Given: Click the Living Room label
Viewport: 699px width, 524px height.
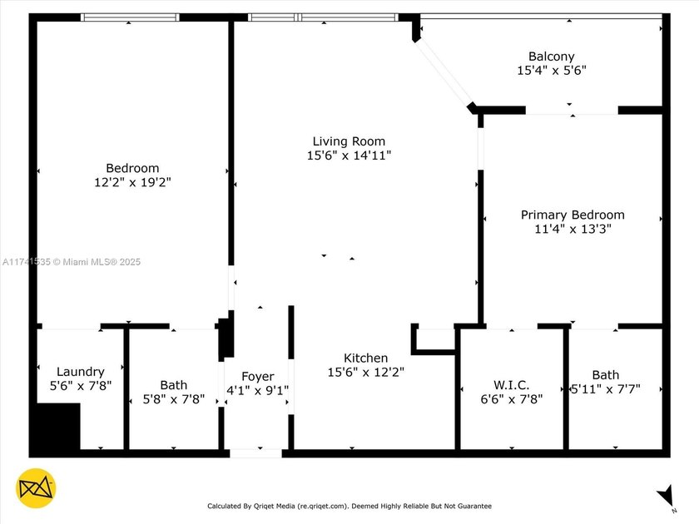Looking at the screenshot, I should [349, 141].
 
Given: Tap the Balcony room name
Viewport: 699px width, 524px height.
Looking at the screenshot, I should [552, 57].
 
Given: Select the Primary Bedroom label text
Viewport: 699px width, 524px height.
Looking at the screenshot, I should [573, 215].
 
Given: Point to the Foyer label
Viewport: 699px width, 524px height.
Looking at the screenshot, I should [257, 377].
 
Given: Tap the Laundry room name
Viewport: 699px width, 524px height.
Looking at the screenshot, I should [80, 372].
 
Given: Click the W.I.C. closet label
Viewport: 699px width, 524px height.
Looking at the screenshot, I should [511, 385].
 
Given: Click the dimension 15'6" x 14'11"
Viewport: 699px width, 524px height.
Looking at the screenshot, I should [349, 155].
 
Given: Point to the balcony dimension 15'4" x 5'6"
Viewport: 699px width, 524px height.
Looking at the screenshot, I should [552, 71].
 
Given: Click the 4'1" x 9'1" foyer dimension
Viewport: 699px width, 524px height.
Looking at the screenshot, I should [257, 390].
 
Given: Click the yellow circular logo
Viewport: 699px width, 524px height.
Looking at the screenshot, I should [36, 489].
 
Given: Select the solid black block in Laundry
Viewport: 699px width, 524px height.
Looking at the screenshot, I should [55, 427].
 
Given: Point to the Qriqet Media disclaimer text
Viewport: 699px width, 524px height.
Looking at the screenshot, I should [349, 506].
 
